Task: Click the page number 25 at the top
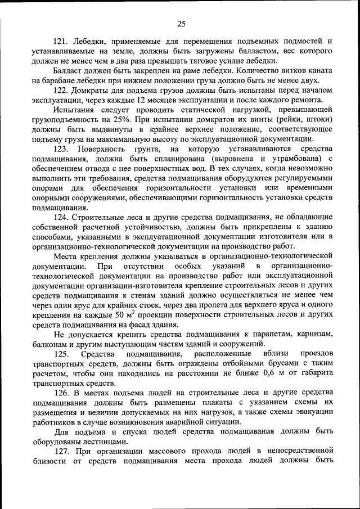click(x=181, y=23)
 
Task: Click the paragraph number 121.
click(x=61, y=41)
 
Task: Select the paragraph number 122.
click(x=61, y=90)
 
